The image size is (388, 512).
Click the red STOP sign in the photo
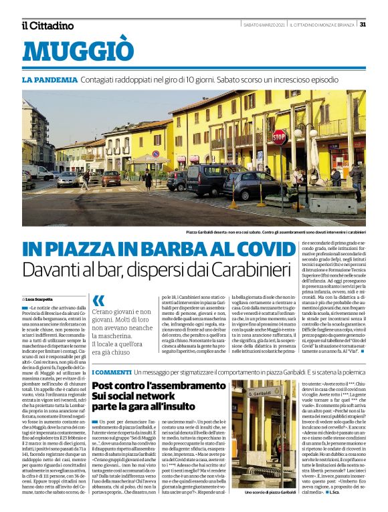tap(280, 137)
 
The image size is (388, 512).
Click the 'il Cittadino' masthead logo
tap(47, 25)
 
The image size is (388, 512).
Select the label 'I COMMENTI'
tap(110, 371)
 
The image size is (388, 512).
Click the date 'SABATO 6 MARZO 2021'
tap(265, 25)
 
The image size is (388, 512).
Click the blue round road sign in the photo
tap(156, 154)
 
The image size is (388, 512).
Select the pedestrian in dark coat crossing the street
tap(148, 179)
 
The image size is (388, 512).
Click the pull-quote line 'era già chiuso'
tap(112, 352)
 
